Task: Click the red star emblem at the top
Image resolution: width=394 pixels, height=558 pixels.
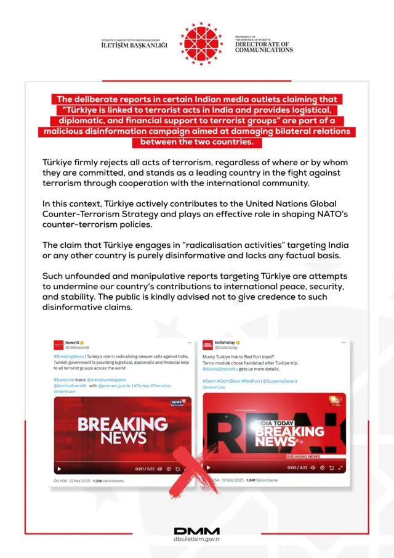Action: (x=201, y=43)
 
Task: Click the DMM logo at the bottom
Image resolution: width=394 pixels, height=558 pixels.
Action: (x=196, y=531)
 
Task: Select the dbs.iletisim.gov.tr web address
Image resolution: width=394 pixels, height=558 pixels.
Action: (x=196, y=539)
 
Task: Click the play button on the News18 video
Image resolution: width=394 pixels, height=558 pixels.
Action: (x=60, y=469)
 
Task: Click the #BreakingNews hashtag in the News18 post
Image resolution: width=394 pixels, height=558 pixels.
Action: (x=68, y=356)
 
